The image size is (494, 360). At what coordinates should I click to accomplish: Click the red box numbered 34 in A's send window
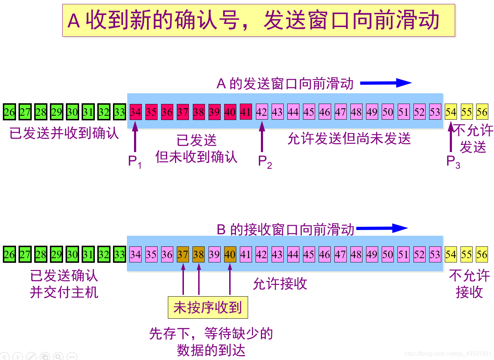pos(135,112)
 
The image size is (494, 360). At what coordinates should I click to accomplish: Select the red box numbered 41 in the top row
pos(246,112)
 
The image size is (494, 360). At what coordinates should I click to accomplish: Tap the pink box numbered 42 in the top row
pos(262,112)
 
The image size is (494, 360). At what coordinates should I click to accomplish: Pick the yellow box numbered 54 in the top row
pos(451,112)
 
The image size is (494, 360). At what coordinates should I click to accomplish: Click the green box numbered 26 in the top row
pos(9,112)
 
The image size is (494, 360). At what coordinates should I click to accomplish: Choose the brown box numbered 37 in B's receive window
pos(182,255)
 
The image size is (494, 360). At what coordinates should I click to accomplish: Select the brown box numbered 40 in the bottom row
pos(230,255)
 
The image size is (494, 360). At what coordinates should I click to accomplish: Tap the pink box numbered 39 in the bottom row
pos(214,255)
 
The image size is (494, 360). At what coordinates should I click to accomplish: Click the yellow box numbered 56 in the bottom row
pos(482,255)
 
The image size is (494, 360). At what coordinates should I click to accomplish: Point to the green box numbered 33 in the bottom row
pos(119,255)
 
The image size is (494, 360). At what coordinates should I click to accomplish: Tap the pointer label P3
pos(453,162)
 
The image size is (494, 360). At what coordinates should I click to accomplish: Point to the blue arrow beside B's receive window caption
pos(382,228)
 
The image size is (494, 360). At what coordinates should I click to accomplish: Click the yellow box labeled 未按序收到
pos(208,307)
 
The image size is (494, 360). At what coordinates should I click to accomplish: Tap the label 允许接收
pos(280,284)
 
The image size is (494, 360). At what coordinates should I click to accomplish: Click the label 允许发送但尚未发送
pos(349,139)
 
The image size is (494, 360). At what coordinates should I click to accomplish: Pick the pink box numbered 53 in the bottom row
pos(435,255)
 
